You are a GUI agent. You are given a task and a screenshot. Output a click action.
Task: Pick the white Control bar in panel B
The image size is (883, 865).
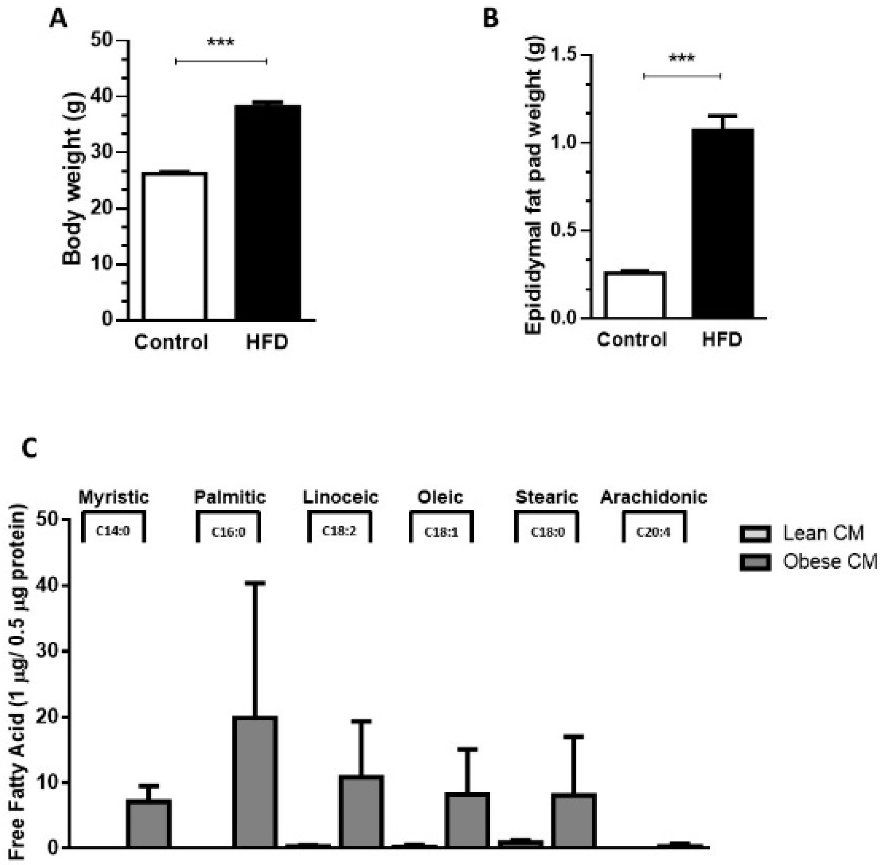[635, 295]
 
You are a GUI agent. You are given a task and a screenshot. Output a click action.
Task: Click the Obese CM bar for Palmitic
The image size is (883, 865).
[255, 782]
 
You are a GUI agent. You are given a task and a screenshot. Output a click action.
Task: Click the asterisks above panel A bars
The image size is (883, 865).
[221, 43]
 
